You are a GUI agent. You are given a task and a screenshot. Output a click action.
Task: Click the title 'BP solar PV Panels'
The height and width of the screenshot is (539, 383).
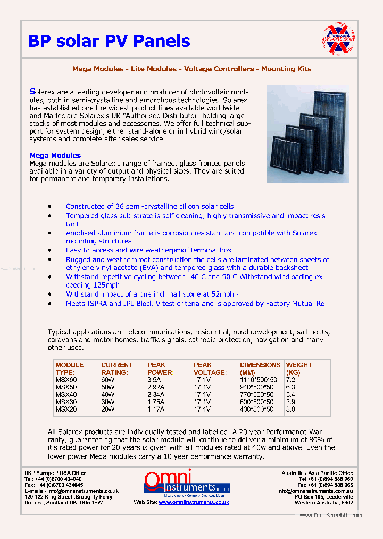109,41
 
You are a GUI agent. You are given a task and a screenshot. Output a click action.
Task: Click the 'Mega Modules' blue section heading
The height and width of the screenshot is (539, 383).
55,156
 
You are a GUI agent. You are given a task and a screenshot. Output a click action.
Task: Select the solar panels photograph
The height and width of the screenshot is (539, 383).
307,134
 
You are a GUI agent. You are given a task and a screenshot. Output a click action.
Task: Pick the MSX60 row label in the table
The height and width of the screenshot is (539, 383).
66,380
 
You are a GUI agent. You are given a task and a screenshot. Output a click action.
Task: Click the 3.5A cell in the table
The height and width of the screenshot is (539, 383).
155,380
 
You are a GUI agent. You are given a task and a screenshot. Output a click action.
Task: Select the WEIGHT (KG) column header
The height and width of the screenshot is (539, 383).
299,369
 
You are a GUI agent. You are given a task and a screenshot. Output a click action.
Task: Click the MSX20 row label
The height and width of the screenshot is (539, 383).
66,409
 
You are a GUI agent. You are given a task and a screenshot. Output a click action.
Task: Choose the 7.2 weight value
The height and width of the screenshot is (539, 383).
290,380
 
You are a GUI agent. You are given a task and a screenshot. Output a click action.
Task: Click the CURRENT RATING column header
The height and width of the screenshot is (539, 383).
117,369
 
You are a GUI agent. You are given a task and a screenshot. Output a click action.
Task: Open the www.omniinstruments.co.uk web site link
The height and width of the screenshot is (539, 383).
194,502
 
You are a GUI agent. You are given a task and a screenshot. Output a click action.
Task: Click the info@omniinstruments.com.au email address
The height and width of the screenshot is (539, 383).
314,491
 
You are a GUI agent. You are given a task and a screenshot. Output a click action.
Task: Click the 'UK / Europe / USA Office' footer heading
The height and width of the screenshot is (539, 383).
55,473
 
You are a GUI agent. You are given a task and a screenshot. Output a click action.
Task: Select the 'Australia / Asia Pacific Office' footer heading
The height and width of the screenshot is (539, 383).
317,473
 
